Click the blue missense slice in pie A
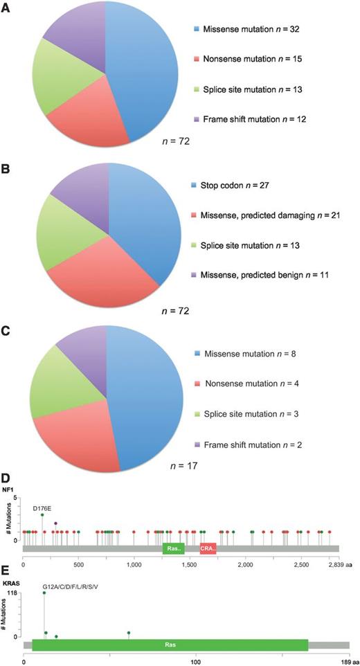click(142, 76)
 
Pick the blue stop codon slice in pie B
click(145, 222)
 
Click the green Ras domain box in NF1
click(173, 548)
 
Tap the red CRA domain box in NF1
click(208, 548)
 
